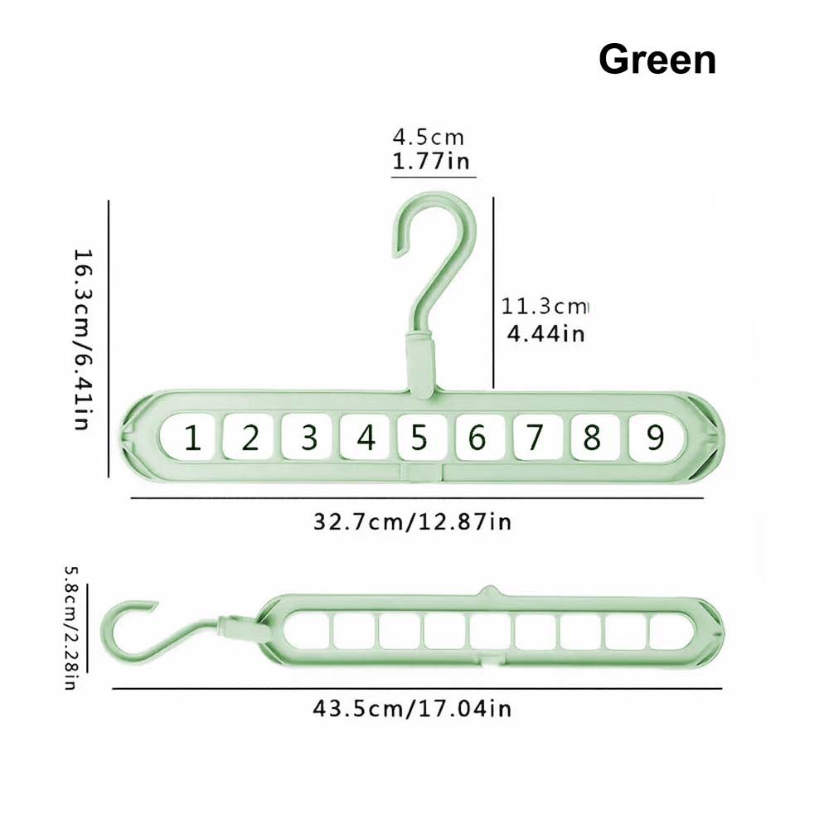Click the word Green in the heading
coord(657,59)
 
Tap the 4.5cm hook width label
coord(429,138)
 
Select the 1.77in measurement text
coord(431,161)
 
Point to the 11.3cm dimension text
coord(545,306)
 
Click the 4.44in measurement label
coord(545,333)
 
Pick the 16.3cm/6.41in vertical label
coord(83,339)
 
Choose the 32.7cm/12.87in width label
coord(412,521)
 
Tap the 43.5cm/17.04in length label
coord(412,708)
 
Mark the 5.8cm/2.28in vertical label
coord(71,628)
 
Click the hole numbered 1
coord(189,437)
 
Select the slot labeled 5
coord(420,437)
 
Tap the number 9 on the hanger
coord(656,437)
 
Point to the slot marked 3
coord(307,437)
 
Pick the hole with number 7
coord(536,437)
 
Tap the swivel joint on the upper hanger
coord(421,366)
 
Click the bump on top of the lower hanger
coord(490,591)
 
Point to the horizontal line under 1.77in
coord(434,177)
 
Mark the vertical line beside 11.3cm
coord(493,293)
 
